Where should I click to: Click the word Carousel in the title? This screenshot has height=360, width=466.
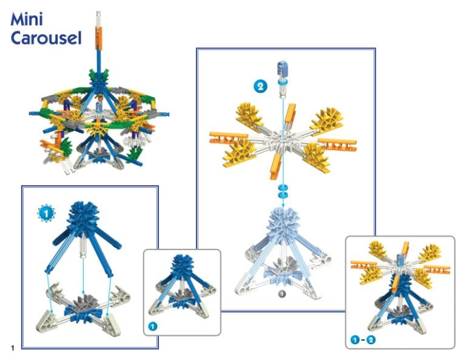[46, 38]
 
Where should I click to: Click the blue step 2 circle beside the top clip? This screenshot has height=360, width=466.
[260, 86]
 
